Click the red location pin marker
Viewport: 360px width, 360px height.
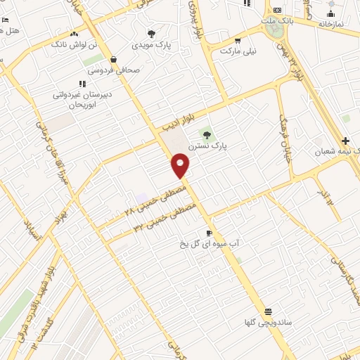[x=181, y=165]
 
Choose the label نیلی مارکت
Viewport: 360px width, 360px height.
[x=239, y=51]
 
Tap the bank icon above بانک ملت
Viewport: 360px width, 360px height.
[x=277, y=10]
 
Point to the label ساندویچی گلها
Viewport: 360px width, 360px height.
[x=268, y=323]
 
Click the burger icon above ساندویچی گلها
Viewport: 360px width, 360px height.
[x=268, y=311]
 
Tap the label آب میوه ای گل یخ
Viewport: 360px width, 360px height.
[x=208, y=243]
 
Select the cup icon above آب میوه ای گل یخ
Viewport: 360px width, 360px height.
[x=208, y=233]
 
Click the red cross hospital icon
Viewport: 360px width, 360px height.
[x=345, y=141]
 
